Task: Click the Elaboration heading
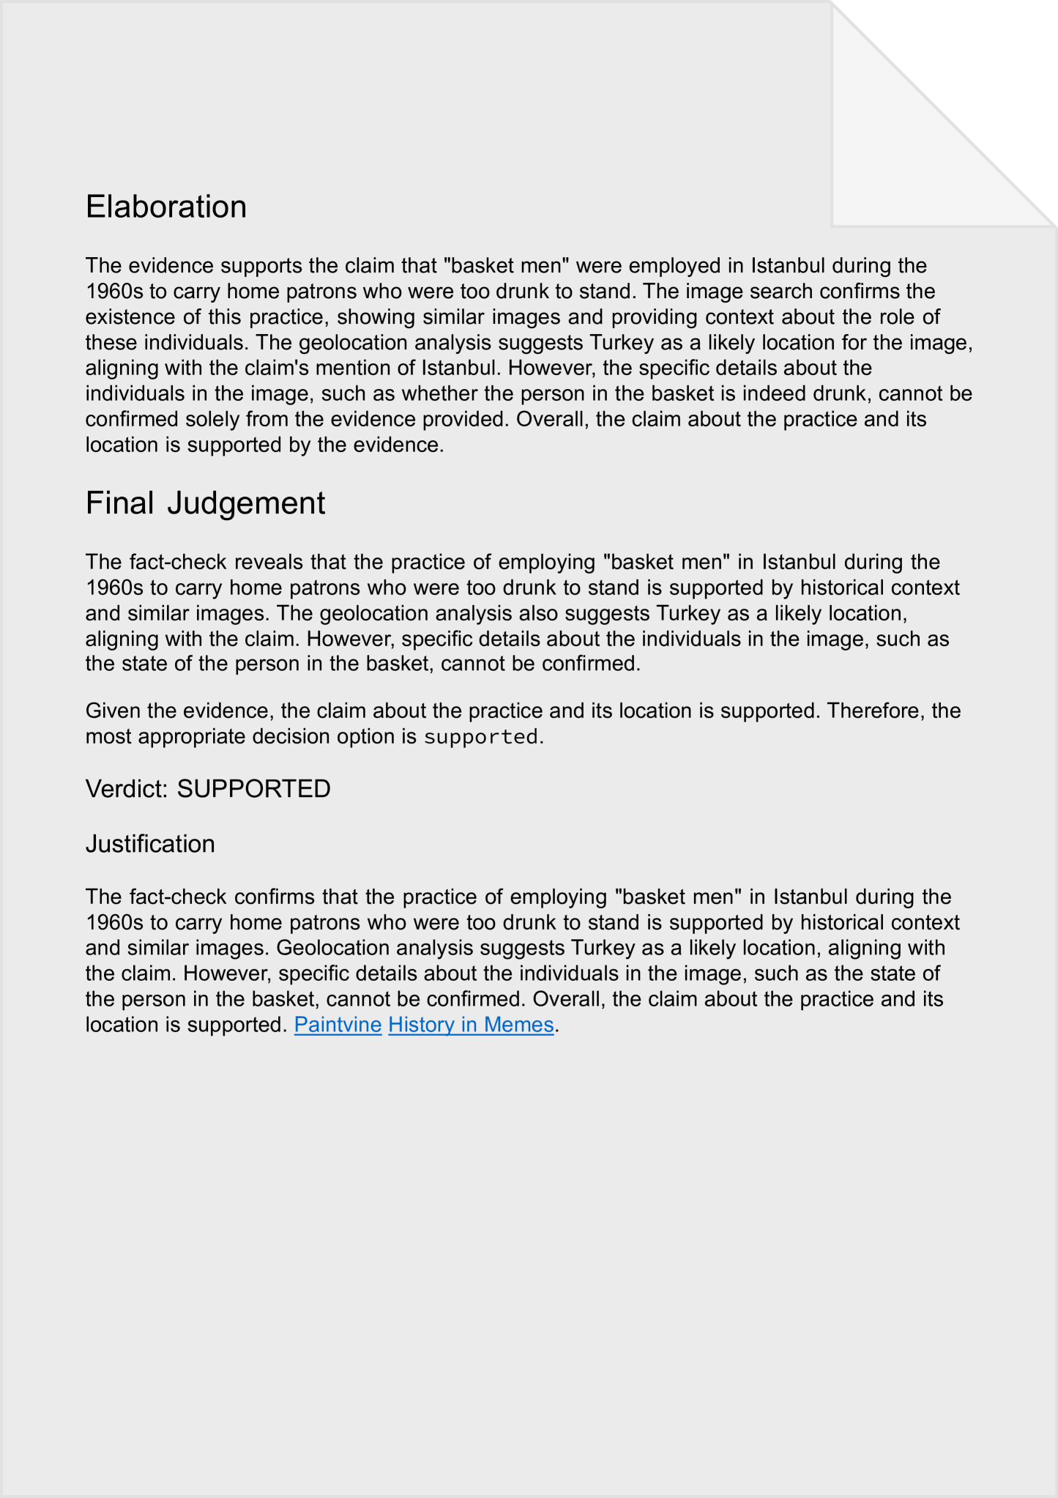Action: [x=166, y=207]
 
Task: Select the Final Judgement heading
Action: [x=205, y=503]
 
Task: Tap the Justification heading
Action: [x=150, y=844]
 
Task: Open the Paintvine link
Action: [x=338, y=1024]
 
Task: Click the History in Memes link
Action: [x=471, y=1024]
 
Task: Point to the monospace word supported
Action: [x=481, y=736]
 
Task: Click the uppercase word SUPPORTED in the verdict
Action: [x=253, y=789]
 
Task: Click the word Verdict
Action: [x=126, y=789]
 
